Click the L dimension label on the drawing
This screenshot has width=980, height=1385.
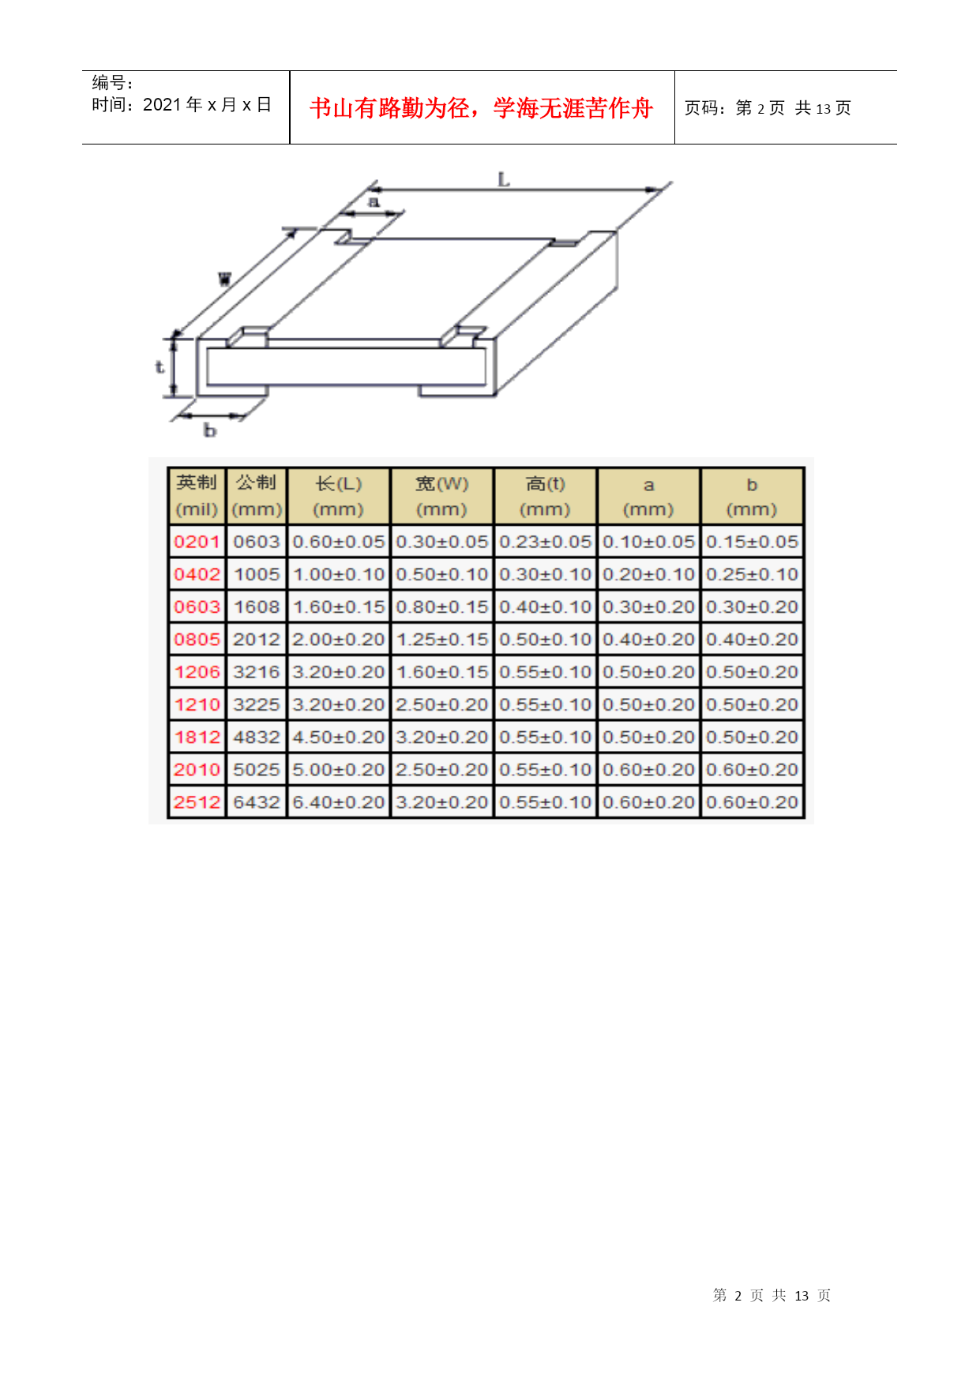(504, 179)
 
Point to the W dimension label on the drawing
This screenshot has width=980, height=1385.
(225, 279)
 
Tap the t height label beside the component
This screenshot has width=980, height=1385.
(160, 366)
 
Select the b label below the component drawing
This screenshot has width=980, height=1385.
(210, 430)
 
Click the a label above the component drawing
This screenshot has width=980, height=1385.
(374, 201)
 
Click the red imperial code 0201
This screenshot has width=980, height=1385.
(197, 542)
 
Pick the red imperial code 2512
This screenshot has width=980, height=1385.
(197, 802)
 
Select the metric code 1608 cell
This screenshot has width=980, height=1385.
(257, 607)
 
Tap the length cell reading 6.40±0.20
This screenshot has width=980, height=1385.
(339, 802)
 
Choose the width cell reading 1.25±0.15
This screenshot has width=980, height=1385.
(442, 640)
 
